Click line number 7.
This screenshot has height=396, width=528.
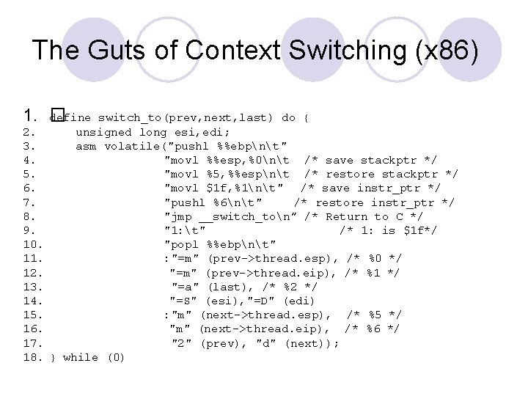click(29, 202)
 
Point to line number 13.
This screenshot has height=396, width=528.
click(32, 287)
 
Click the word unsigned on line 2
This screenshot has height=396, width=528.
click(103, 132)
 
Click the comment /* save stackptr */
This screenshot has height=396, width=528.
click(370, 160)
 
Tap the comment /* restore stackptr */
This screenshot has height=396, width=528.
click(381, 174)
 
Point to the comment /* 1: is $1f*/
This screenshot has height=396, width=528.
click(388, 230)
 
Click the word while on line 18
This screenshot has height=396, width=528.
click(81, 357)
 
